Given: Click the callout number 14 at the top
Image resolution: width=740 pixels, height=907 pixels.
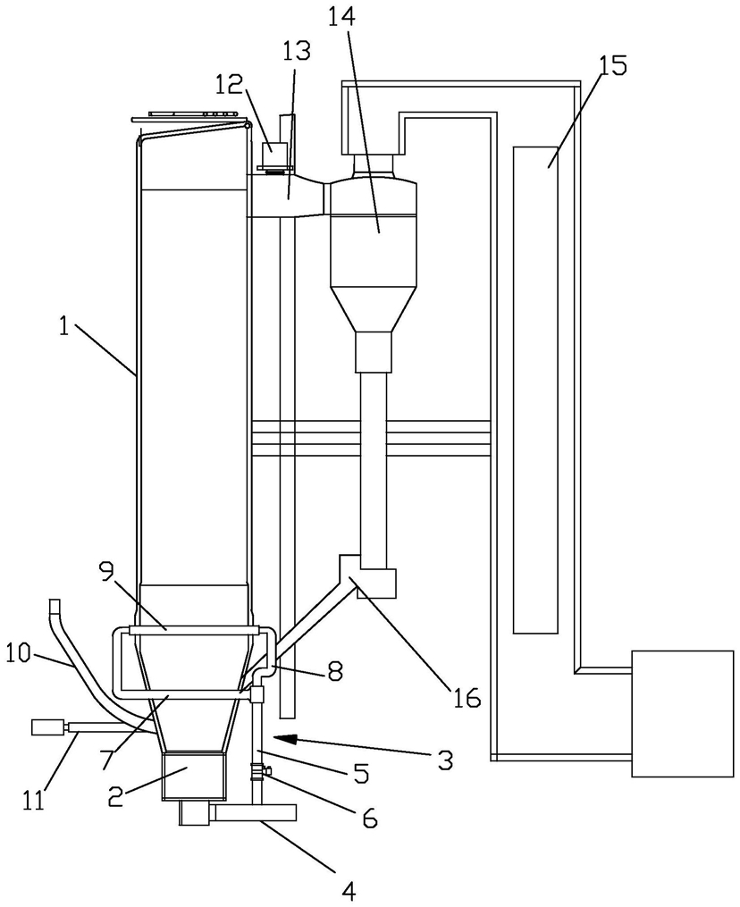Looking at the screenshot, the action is pos(342,17).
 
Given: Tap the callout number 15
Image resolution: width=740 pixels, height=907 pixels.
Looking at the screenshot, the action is pos(613,66).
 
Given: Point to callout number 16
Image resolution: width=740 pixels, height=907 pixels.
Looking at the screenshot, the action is pos(467,698).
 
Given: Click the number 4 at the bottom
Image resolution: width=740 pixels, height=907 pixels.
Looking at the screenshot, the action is pos(349,892).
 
